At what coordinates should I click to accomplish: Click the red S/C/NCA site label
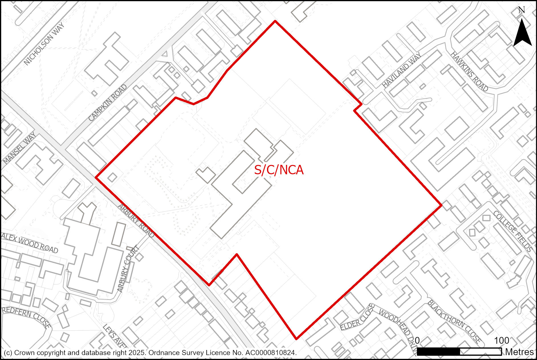click(x=279, y=170)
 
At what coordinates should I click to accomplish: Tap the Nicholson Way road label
click(x=44, y=44)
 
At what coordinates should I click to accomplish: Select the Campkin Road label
click(x=107, y=103)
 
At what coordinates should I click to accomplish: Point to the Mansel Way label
click(x=19, y=148)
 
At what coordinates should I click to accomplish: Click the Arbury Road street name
click(x=136, y=221)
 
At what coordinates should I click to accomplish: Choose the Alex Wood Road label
click(x=30, y=243)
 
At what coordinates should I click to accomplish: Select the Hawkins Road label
click(x=469, y=71)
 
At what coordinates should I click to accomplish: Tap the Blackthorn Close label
click(x=454, y=321)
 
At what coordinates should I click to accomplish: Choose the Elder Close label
click(x=357, y=317)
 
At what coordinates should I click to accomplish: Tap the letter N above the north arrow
click(x=522, y=10)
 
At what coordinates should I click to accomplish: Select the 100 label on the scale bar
click(x=501, y=340)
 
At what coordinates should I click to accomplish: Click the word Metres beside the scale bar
click(x=519, y=352)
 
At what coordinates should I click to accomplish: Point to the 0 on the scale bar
click(x=417, y=340)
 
